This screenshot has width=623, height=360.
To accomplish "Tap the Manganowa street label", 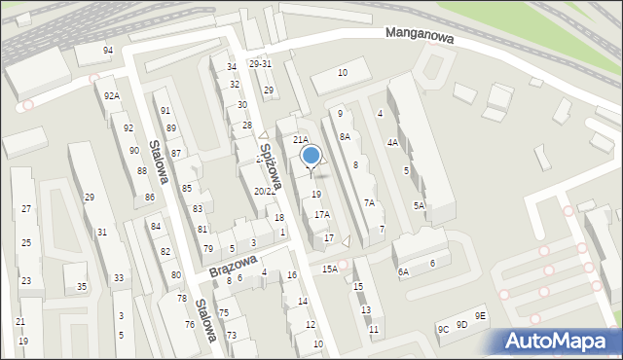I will click(421, 33).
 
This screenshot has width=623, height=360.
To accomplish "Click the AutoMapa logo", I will click(560, 341).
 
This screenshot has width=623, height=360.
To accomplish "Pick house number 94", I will click(108, 51).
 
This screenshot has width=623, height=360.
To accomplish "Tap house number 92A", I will click(112, 95).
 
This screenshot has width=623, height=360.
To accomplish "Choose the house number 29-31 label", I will click(260, 64).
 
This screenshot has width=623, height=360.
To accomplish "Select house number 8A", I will click(345, 137).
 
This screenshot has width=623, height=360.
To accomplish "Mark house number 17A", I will click(321, 214).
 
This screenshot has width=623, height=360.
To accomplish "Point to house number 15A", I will click(330, 269).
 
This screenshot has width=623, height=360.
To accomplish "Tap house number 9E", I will click(480, 315).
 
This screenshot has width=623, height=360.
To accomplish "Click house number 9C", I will click(443, 330).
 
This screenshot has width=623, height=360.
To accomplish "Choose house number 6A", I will click(403, 273).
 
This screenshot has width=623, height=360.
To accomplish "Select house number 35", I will click(82, 286).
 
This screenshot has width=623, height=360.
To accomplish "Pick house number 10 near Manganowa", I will click(342, 73).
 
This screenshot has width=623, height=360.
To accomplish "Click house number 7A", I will click(369, 202).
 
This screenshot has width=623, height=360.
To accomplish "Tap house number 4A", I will click(392, 142).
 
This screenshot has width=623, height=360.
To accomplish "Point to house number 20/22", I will click(265, 192).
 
